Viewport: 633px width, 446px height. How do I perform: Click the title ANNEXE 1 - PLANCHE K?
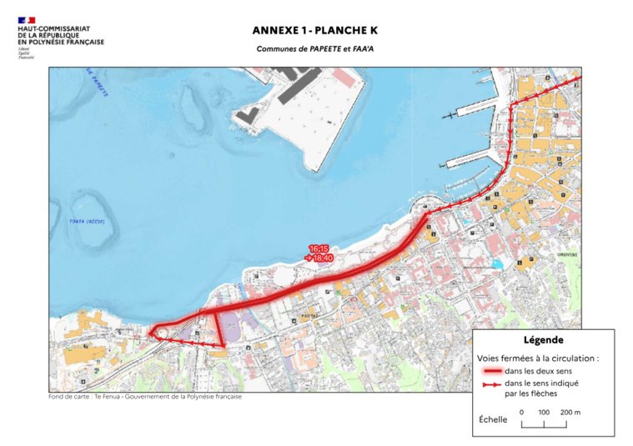coord(315,30)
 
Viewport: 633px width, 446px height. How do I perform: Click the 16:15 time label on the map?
coord(319,248)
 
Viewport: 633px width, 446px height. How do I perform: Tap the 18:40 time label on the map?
coord(322,258)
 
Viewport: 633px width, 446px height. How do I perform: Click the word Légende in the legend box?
coord(543,339)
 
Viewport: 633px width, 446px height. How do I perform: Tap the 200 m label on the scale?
coord(570,412)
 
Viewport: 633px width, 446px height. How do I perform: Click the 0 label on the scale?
coord(521,412)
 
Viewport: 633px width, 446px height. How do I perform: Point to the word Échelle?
coord(493,419)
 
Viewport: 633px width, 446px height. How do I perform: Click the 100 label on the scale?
coord(544,412)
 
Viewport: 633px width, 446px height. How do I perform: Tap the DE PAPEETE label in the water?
coord(97,83)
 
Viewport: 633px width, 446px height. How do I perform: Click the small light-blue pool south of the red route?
coord(497,264)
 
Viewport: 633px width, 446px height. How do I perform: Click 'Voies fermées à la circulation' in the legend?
coord(539,358)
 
